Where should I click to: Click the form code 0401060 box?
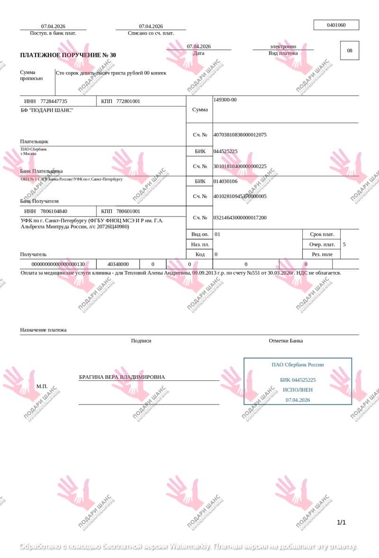coord(336,25)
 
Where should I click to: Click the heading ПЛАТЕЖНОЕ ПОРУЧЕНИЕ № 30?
coord(68,55)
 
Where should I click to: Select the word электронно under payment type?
coord(283,46)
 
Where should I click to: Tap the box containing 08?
coord(350,51)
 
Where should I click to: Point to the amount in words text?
coord(111,73)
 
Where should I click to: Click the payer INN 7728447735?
coord(54,101)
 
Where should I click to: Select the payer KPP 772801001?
coord(128,101)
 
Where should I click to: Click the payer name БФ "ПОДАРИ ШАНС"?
coord(47,110)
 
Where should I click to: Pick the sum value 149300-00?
coord(225,100)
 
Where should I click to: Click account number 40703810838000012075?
coord(240,135)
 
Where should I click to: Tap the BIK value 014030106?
coord(226,181)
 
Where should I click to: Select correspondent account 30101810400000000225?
coord(240,166)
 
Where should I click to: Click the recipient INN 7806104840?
coord(54,211)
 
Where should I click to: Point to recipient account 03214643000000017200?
coord(240,218)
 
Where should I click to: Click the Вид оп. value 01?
coord(217,234)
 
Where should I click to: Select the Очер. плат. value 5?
coord(344,244)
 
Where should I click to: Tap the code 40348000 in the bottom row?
coord(117,264)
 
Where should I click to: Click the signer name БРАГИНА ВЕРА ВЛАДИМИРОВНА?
coord(122,377)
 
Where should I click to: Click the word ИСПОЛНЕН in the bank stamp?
coord(298,390)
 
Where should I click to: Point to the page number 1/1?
coord(341,522)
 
